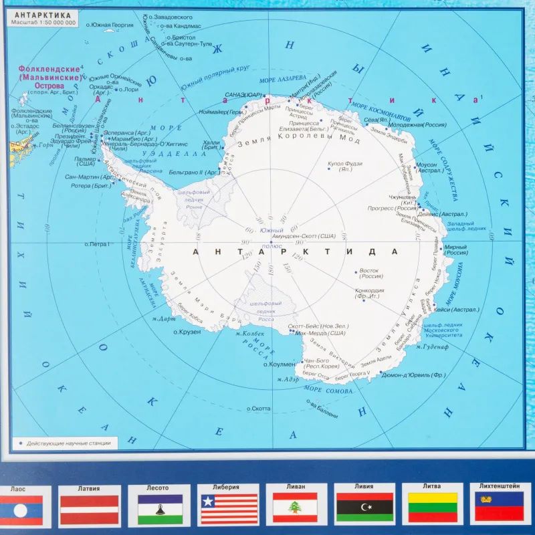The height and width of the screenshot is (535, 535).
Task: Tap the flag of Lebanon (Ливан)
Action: coord(294,508)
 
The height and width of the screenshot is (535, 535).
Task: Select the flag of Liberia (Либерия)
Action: coord(229,508)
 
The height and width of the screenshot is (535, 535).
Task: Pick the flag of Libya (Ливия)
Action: coord(364,508)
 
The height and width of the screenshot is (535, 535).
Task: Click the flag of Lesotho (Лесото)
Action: coord(160,508)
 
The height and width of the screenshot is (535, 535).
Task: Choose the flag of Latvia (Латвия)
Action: coord(89,508)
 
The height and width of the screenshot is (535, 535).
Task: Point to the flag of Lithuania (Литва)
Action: coord(433,508)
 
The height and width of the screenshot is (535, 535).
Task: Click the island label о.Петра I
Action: coord(97,244)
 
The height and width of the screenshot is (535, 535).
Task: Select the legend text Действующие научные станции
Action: coord(70,443)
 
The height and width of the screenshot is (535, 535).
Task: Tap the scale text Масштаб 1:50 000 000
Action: coord(44,23)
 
